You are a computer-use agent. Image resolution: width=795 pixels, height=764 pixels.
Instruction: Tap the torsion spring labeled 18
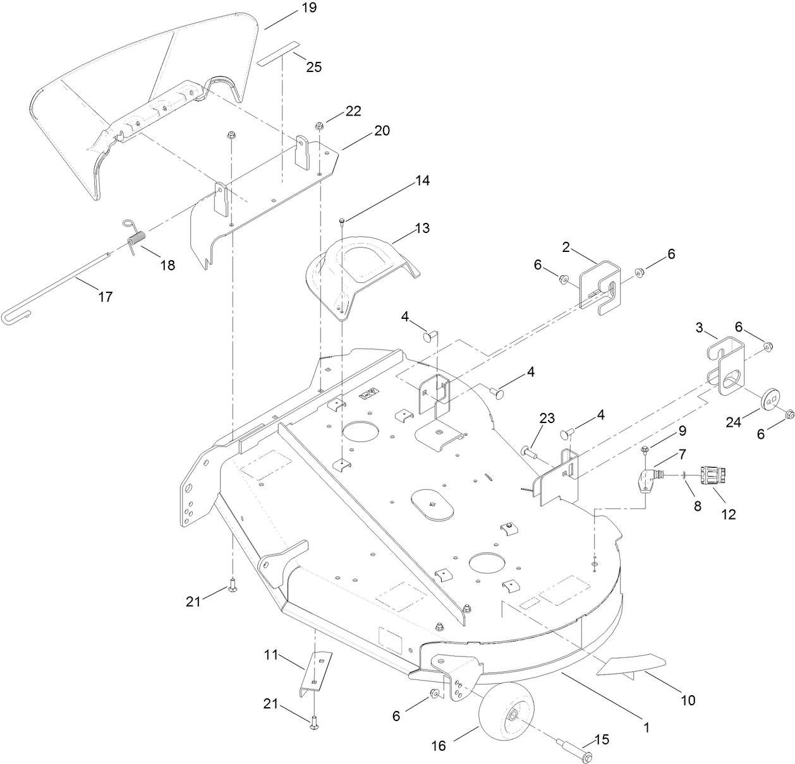(x=135, y=239)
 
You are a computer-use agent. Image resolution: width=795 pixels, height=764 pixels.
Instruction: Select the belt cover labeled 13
(x=360, y=272)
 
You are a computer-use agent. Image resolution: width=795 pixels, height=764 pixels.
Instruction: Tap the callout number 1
(x=646, y=727)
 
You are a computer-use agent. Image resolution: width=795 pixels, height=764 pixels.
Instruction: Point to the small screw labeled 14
(x=342, y=220)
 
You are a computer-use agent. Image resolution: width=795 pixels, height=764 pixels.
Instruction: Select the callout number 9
(x=681, y=431)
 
